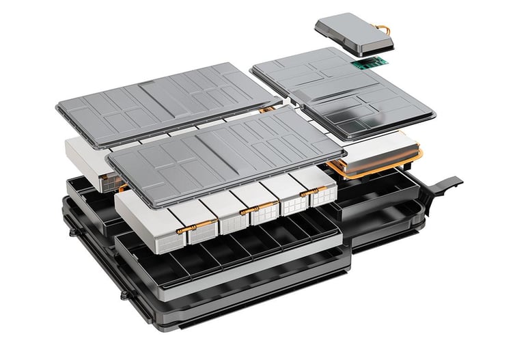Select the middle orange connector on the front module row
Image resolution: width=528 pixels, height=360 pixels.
coord(245,211)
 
